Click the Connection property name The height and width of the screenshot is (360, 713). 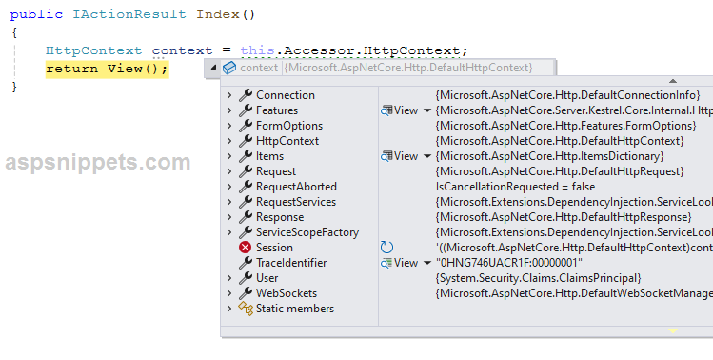tap(285, 95)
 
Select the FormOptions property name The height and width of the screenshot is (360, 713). tap(288, 126)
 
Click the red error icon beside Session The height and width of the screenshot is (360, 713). tap(245, 248)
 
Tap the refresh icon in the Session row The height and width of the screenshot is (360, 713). tap(386, 248)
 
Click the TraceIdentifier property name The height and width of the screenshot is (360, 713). tap(291, 263)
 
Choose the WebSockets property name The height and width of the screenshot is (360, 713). tap(286, 293)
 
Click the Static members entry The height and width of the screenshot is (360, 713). tap(294, 309)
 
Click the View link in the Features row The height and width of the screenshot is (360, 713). tap(406, 110)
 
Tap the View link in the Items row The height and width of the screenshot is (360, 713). tap(406, 156)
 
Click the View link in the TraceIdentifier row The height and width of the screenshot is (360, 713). tap(406, 263)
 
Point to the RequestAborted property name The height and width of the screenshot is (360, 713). tap(296, 187)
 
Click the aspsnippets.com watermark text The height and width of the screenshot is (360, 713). tap(97, 163)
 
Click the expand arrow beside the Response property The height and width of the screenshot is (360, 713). tap(229, 217)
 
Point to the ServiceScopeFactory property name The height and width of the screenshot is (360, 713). tap(307, 232)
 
